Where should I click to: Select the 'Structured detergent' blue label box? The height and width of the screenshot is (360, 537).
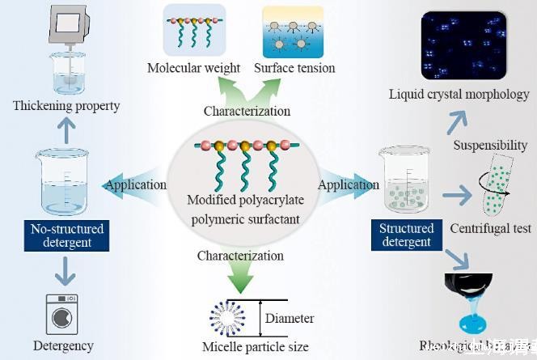pos(406,235)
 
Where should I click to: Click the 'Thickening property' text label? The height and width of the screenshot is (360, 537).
pos(66,106)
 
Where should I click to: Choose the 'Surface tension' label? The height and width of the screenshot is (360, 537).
pos(294,68)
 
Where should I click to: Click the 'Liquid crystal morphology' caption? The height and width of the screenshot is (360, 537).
pos(459,95)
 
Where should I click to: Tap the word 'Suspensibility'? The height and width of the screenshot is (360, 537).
pos(491,146)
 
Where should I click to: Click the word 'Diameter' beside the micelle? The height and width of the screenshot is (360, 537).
pos(290,318)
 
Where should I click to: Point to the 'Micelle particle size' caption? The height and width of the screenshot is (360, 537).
pos(256,347)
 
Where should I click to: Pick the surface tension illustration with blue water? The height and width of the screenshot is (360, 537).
pos(293,32)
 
